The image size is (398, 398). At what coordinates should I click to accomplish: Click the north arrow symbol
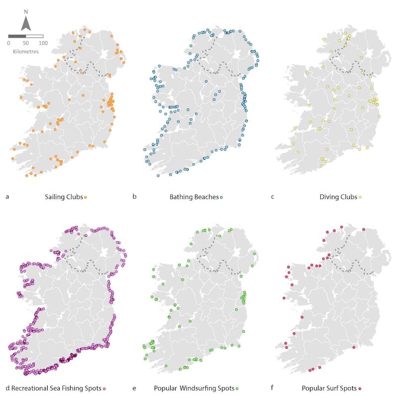[26, 23]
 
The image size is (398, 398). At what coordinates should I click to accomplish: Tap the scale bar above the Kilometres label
[26, 36]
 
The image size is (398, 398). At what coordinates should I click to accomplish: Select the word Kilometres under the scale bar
[26, 51]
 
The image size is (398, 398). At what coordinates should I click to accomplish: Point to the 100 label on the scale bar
[43, 43]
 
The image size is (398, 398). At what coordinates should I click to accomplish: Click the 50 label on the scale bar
[26, 43]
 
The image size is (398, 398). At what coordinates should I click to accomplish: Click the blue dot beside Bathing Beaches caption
[221, 198]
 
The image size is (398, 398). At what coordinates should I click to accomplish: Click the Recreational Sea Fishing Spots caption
[56, 388]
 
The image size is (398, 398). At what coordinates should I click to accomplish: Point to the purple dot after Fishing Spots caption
[104, 388]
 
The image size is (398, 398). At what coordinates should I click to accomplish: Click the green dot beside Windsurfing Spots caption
[237, 388]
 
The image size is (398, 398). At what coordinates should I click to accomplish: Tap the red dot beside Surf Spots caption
[359, 388]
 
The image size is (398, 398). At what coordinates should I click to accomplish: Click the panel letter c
[272, 197]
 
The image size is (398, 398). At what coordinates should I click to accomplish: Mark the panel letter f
[272, 388]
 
